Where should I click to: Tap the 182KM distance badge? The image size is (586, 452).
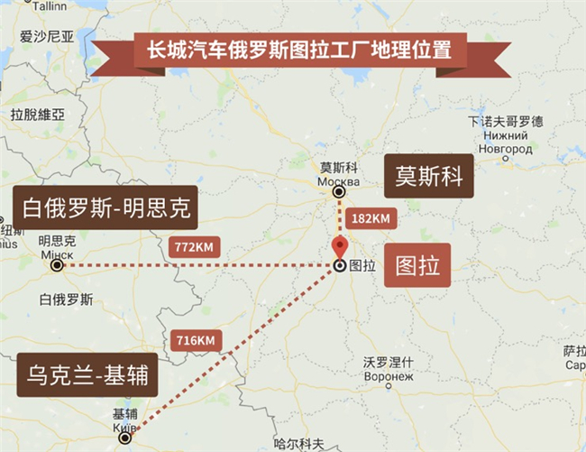point(368,218)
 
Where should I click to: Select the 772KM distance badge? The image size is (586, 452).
point(194,245)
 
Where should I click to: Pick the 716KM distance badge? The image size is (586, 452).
point(194,340)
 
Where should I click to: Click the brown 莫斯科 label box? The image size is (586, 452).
point(429,177)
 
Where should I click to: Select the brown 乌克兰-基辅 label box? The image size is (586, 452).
point(87,374)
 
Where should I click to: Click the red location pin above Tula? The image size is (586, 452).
point(339,245)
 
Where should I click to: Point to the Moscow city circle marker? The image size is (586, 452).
point(339,192)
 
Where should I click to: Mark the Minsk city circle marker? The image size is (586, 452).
point(57,266)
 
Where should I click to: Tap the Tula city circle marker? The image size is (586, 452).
point(339,266)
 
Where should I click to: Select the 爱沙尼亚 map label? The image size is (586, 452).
point(46,36)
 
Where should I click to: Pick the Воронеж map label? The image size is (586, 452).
point(388,375)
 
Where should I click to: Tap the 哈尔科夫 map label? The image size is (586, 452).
point(298,444)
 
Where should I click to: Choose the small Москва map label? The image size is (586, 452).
point(339,179)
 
